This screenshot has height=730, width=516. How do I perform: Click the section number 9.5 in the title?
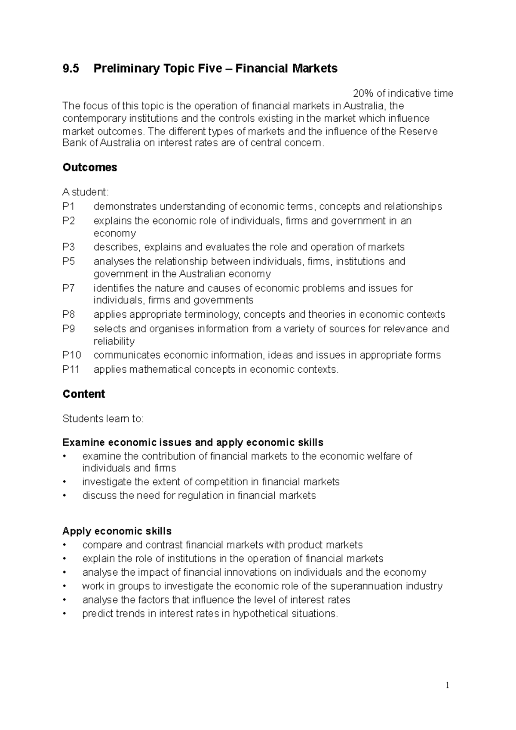71,68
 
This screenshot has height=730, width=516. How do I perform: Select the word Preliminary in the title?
121,68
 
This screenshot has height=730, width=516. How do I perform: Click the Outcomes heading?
90,167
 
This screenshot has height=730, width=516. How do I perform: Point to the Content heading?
84,394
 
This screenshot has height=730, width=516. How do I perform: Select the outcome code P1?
68,206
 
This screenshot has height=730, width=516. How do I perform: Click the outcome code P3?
68,247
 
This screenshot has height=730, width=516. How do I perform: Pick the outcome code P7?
68,288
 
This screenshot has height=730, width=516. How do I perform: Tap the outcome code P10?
71,355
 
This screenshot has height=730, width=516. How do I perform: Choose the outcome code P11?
71,369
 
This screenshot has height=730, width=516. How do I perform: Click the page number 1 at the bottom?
447,685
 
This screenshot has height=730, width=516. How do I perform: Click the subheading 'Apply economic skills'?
117,531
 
